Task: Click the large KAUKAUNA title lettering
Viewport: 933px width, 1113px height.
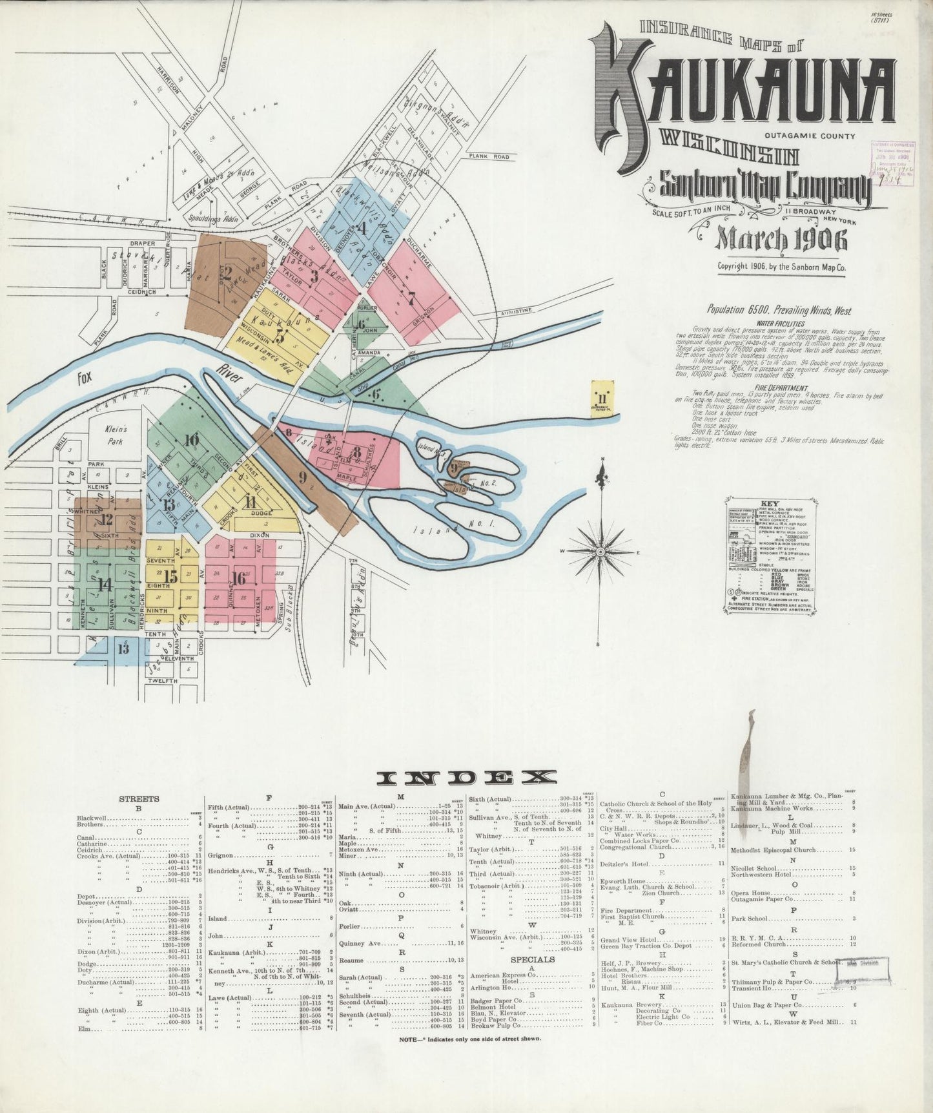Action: pos(743,90)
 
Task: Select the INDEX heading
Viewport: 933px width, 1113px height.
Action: pos(466,778)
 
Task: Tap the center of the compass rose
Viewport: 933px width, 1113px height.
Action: pos(600,552)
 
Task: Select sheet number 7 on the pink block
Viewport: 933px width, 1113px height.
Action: pos(411,298)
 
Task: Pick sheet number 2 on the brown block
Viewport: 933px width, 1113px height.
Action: pos(227,271)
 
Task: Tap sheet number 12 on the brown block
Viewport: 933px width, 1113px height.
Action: pos(107,519)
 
